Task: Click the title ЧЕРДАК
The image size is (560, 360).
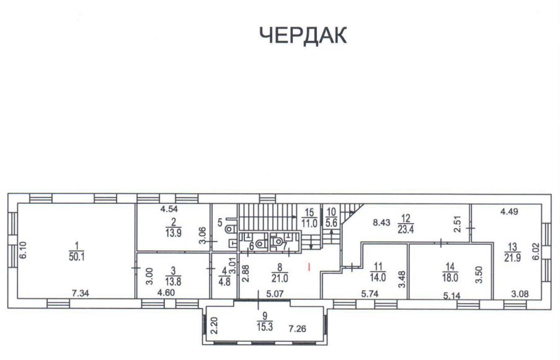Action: [x=303, y=35]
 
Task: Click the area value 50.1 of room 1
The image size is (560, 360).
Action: [x=77, y=257]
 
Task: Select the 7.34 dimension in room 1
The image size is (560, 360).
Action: [x=81, y=294]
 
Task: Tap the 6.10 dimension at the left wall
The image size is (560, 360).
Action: [x=23, y=250]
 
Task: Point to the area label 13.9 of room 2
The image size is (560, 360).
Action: [x=174, y=234]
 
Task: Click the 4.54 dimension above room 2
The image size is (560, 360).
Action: [x=169, y=209]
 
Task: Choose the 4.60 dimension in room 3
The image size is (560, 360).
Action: [x=166, y=293]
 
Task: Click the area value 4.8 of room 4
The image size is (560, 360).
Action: [x=224, y=281]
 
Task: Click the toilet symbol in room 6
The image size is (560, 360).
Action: [x=262, y=243]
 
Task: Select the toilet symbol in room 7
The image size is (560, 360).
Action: [x=277, y=242]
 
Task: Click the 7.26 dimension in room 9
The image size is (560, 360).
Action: [x=297, y=328]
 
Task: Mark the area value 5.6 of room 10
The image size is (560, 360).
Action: [x=331, y=223]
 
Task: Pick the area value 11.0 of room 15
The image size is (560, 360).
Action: [x=309, y=224]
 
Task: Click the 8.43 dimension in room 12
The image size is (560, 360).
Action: [x=381, y=223]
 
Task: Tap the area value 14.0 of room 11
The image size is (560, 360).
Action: [x=378, y=277]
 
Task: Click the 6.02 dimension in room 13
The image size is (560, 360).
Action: [x=536, y=252]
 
